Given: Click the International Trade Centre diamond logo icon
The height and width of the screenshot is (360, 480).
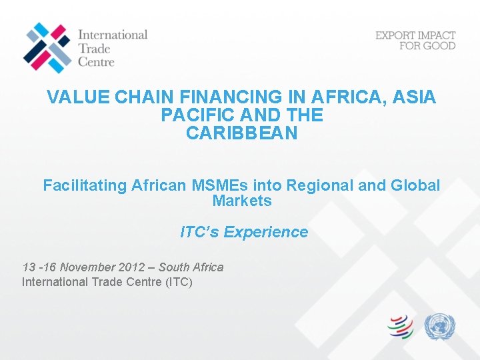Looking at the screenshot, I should coord(46,47).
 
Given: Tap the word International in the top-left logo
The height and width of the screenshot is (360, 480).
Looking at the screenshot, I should coord(113,34).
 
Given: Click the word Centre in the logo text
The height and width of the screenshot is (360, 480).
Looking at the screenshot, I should coord(96,61).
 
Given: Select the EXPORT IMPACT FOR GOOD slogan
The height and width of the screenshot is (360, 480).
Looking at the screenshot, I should coord(415,40).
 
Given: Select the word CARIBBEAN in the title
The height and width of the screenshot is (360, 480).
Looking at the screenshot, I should coord(242,133).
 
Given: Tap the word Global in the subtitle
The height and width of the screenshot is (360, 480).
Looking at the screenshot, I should coord(416,185).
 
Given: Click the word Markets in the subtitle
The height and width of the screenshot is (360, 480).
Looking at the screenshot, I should coord(242,201).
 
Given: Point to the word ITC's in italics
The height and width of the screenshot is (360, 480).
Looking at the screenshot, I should coord(199,232).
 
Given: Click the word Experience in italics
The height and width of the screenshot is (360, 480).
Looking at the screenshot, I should coord(266,232).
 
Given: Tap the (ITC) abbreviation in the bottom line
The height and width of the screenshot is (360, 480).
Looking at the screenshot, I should coord(178,282).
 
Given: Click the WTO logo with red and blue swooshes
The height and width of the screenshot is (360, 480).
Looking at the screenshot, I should coord(401,327).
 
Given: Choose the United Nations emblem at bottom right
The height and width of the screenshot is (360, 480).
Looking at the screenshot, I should coord(440,327).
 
